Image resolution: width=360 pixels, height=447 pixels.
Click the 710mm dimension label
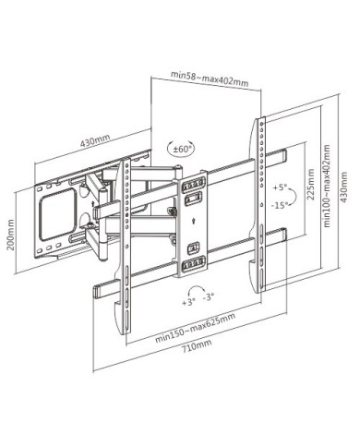(x=197, y=346)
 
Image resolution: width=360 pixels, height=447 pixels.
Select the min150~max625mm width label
(x=196, y=328)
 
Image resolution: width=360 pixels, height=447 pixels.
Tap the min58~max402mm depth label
(x=210, y=79)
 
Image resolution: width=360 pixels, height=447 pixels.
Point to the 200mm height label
(x=10, y=235)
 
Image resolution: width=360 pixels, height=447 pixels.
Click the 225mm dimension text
(x=311, y=185)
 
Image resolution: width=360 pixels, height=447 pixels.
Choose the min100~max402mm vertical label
(x=327, y=186)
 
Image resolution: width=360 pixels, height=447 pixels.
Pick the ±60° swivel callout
(x=181, y=149)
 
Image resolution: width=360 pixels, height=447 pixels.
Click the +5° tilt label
(x=280, y=187)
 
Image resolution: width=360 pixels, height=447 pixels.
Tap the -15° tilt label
(x=280, y=205)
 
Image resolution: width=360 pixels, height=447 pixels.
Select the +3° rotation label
(x=189, y=302)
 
